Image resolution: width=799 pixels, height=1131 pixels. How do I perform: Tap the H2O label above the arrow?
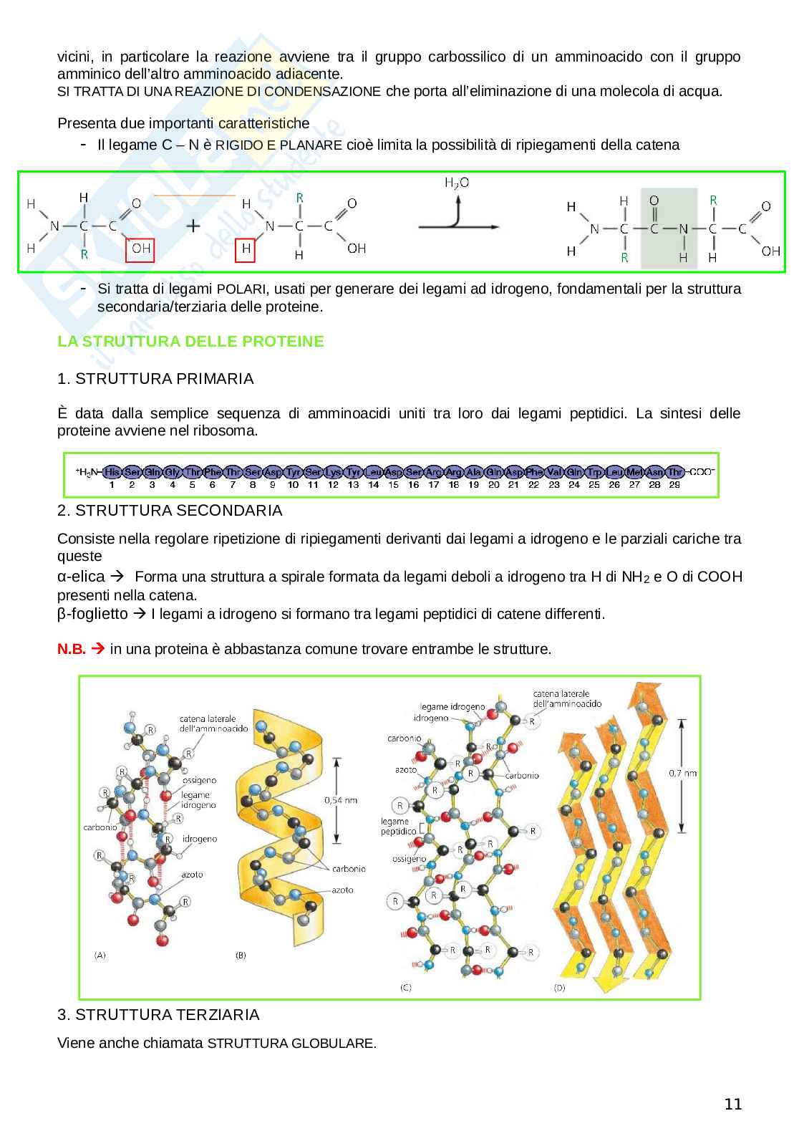(x=457, y=183)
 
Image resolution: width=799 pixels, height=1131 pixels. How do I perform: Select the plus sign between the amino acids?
(x=194, y=226)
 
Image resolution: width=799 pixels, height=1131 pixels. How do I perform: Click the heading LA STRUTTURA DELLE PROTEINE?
(x=190, y=342)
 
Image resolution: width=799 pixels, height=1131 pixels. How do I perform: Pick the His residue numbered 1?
(x=112, y=472)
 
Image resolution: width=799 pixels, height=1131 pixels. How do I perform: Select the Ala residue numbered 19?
(x=473, y=472)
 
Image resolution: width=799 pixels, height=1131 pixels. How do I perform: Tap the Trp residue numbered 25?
(x=594, y=472)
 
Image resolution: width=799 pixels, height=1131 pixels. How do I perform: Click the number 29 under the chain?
(x=674, y=485)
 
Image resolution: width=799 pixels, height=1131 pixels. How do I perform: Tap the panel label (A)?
(x=100, y=955)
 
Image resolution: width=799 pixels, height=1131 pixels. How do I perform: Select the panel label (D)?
(x=560, y=988)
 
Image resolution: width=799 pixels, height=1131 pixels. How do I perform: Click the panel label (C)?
(x=405, y=988)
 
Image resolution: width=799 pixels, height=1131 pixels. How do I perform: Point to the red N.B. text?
(x=72, y=650)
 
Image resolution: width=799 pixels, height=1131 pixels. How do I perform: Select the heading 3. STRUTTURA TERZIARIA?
(x=158, y=1015)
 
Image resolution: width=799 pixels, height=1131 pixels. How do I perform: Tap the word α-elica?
(x=81, y=577)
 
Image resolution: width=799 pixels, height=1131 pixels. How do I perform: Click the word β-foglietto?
(x=92, y=615)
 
